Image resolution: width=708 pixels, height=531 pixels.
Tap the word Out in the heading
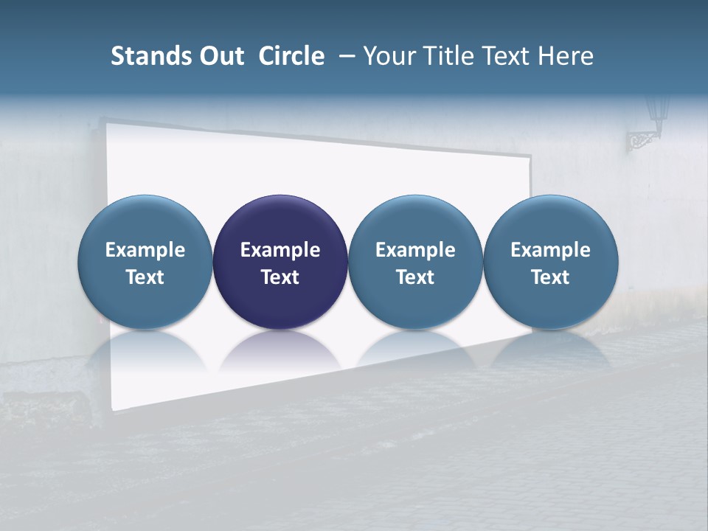[220, 57]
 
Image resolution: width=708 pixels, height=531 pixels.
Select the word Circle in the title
[291, 57]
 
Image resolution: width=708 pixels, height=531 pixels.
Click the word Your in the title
[389, 57]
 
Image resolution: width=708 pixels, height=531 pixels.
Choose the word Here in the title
[565, 57]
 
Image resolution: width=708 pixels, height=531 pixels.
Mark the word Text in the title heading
[504, 57]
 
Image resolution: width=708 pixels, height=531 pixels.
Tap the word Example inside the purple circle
[280, 250]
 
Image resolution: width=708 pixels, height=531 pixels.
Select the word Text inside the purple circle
[280, 277]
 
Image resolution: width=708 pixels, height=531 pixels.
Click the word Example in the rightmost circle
[550, 250]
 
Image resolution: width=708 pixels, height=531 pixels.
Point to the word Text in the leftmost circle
[145, 277]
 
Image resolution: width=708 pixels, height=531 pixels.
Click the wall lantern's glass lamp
[657, 111]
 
